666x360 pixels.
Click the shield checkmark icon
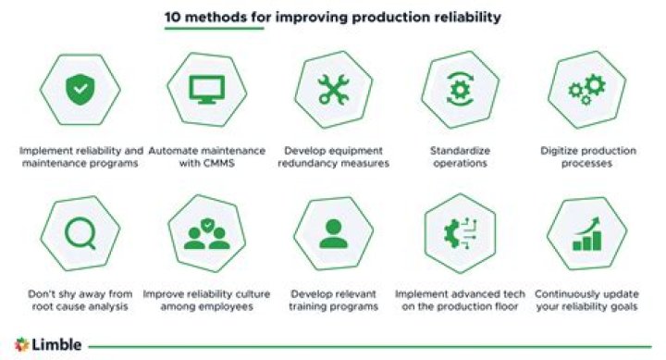[x=80, y=88]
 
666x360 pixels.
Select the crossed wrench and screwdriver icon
[x=330, y=88]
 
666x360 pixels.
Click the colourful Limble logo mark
[x=22, y=343]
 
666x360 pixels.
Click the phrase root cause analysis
[x=80, y=306]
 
